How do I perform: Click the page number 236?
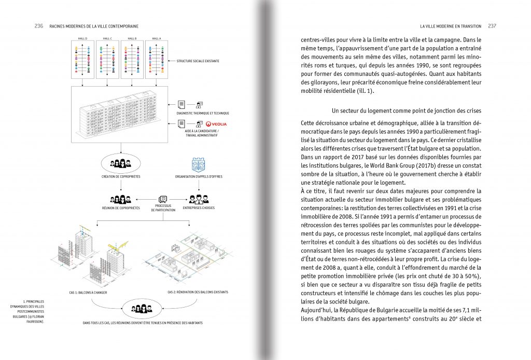38,26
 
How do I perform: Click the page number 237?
492,26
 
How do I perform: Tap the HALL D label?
82,38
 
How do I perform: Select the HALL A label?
156,38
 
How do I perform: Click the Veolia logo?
216,124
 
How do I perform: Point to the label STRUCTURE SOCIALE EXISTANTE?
198,61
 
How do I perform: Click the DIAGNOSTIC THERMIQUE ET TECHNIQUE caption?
203,113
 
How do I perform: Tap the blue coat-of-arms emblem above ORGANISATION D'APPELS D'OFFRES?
199,164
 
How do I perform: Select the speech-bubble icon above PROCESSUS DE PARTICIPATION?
163,199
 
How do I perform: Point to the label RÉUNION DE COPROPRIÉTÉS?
120,209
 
